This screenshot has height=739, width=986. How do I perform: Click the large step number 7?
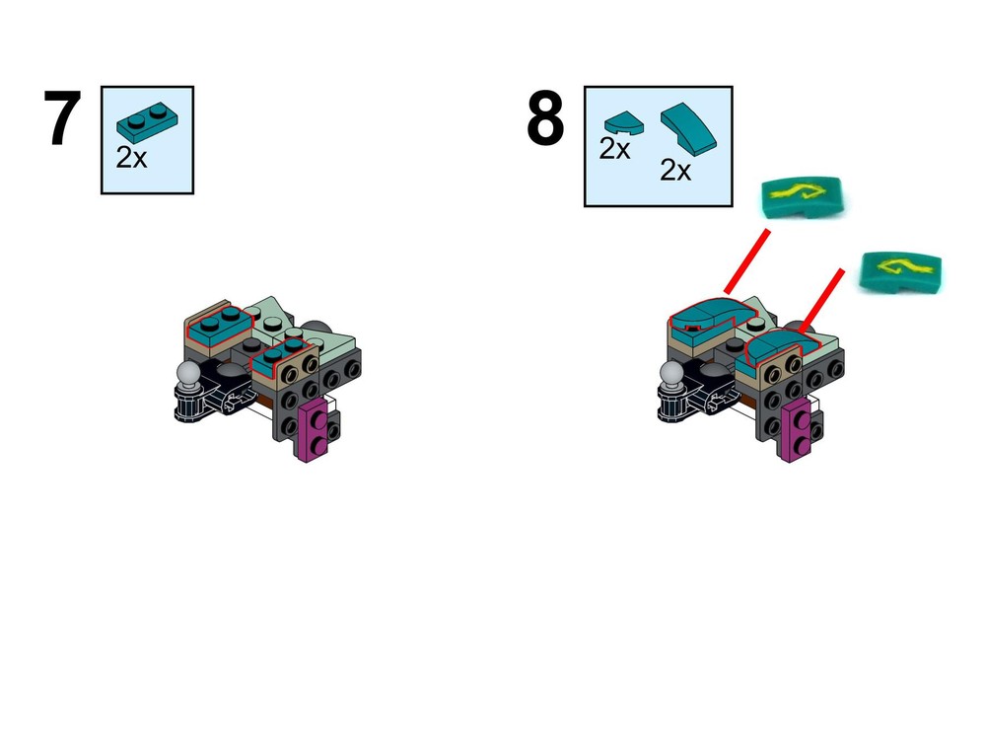click(x=62, y=117)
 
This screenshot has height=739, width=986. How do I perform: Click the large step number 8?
click(x=545, y=117)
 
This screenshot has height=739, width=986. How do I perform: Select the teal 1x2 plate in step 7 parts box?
click(x=147, y=120)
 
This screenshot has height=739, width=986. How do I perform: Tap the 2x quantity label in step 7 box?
click(x=131, y=157)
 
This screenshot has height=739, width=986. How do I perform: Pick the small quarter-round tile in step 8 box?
click(x=624, y=123)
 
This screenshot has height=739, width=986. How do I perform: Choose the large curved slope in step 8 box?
click(x=688, y=129)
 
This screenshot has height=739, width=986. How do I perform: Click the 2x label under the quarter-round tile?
click(x=614, y=149)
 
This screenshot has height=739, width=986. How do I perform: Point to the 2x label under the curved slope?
click(x=675, y=170)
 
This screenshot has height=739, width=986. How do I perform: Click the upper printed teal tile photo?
click(x=802, y=196)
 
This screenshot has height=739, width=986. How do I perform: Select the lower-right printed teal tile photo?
click(x=900, y=271)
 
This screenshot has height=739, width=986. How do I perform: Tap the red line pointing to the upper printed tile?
click(x=747, y=261)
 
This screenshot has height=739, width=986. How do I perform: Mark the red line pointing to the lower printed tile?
click(x=820, y=301)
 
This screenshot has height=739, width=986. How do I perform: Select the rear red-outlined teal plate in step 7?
click(x=220, y=324)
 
